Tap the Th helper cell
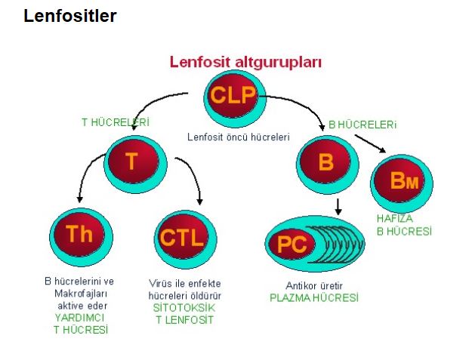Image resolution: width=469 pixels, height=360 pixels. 79,235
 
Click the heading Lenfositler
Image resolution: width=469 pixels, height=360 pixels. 70,16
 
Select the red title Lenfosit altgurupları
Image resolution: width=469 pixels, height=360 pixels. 245,62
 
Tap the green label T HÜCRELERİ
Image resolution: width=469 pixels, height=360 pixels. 115,122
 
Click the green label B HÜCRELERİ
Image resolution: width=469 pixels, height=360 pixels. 363,124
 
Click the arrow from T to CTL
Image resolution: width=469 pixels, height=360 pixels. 193,177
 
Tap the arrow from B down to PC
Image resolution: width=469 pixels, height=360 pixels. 338,205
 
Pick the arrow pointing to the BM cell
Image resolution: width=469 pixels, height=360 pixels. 370,143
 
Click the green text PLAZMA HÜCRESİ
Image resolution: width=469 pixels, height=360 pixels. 314,297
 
